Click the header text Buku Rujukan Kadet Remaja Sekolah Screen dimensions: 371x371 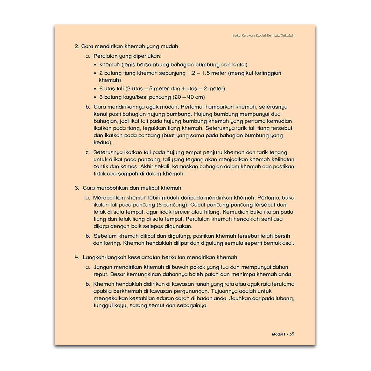point(263,35)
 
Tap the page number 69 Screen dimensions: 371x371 point(292,334)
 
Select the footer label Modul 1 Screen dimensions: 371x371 point(279,334)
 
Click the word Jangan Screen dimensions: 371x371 point(103,267)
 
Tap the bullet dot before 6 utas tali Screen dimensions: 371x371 point(96,89)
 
